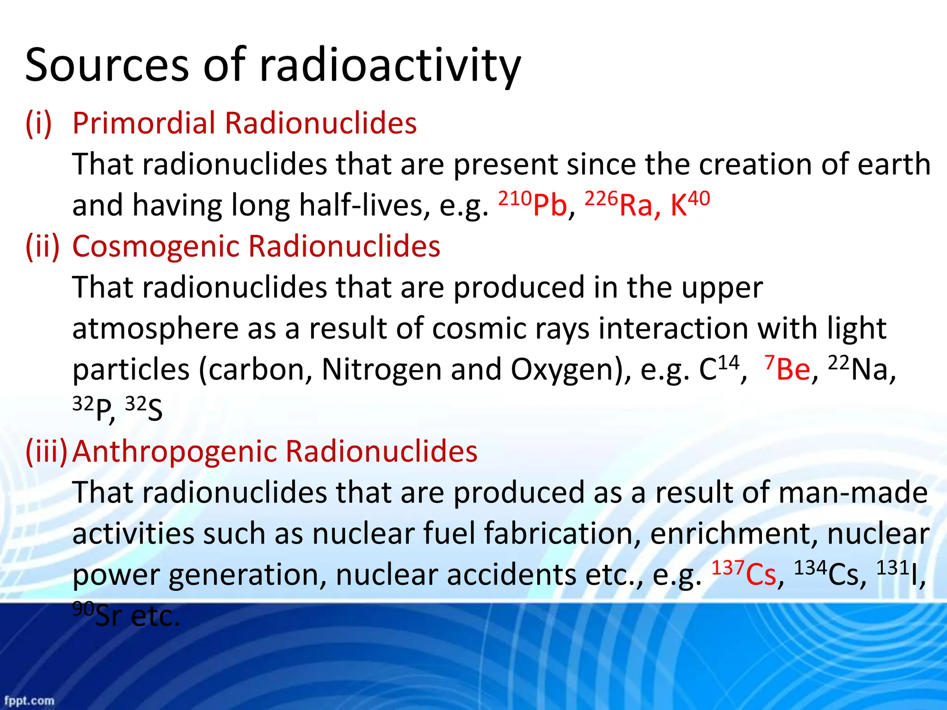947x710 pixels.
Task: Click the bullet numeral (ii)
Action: (43, 246)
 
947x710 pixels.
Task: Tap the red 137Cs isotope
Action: (743, 573)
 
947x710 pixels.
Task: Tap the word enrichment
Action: (733, 534)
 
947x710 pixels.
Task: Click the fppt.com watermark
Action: (29, 701)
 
